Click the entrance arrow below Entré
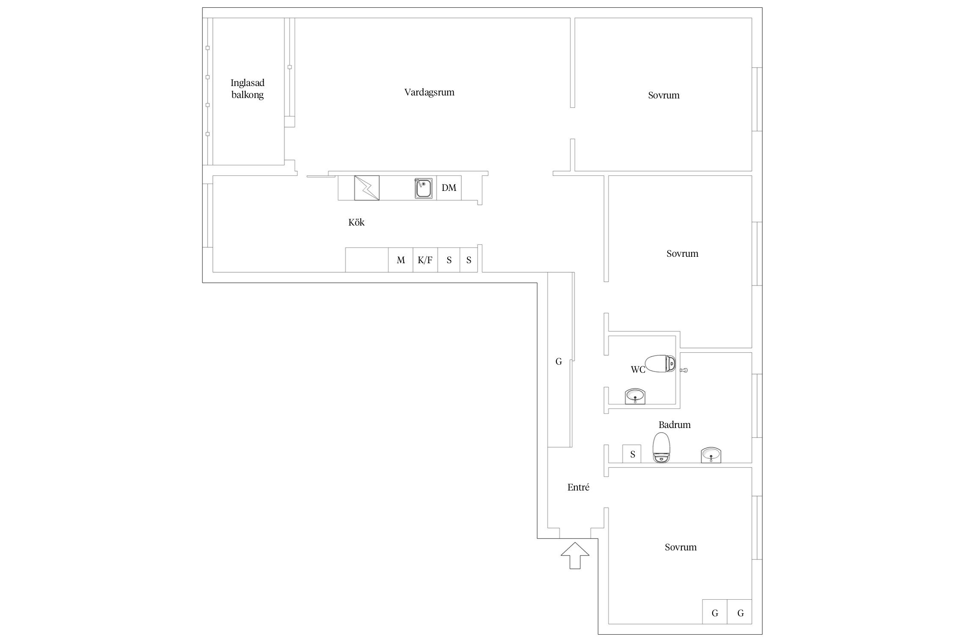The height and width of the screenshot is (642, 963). coord(575,556)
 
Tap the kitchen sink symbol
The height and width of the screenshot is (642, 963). coord(423,188)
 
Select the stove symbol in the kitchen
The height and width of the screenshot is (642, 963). coord(367,188)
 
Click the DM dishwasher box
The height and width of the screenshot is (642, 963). coord(449,188)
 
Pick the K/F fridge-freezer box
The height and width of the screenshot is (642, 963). coord(425,260)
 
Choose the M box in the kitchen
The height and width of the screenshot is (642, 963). coord(401,260)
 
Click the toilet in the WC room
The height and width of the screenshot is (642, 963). coord(660,364)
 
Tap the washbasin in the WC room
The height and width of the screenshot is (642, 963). coord(636,396)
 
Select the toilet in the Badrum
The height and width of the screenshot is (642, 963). coord(661,447)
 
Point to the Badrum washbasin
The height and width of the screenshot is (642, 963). coord(711,455)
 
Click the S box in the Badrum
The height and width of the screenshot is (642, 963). coord(632,454)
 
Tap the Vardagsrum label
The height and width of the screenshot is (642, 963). coord(429,92)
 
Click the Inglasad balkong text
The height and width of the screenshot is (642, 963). coord(247,89)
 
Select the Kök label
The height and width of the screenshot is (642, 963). coord(357,222)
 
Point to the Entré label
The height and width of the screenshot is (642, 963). coord(578,487)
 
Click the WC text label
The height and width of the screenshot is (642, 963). coord(638,370)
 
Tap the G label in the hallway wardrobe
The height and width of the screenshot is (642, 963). coord(559,362)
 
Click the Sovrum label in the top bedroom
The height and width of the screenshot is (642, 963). coord(664,95)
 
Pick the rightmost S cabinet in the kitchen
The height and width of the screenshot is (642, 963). coord(469,260)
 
